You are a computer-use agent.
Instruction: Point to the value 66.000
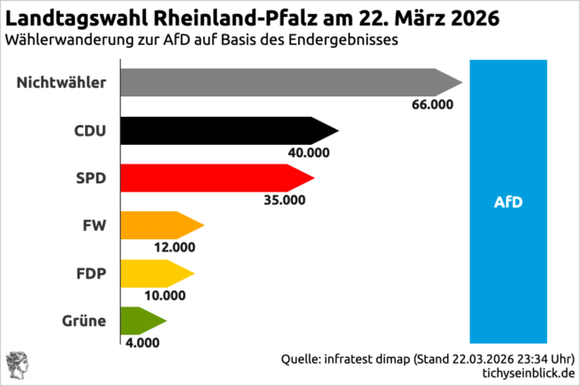[431, 104]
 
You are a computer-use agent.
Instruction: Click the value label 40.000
[310, 151]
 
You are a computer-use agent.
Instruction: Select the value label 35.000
[285, 198]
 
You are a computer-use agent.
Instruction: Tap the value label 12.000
[175, 247]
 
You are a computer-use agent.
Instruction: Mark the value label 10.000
[166, 294]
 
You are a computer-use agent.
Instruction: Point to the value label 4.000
[142, 342]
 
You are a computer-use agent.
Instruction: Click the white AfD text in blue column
[507, 201]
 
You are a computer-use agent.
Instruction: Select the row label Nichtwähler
[61, 83]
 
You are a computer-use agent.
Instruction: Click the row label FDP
[90, 274]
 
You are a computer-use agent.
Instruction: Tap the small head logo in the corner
[17, 366]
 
